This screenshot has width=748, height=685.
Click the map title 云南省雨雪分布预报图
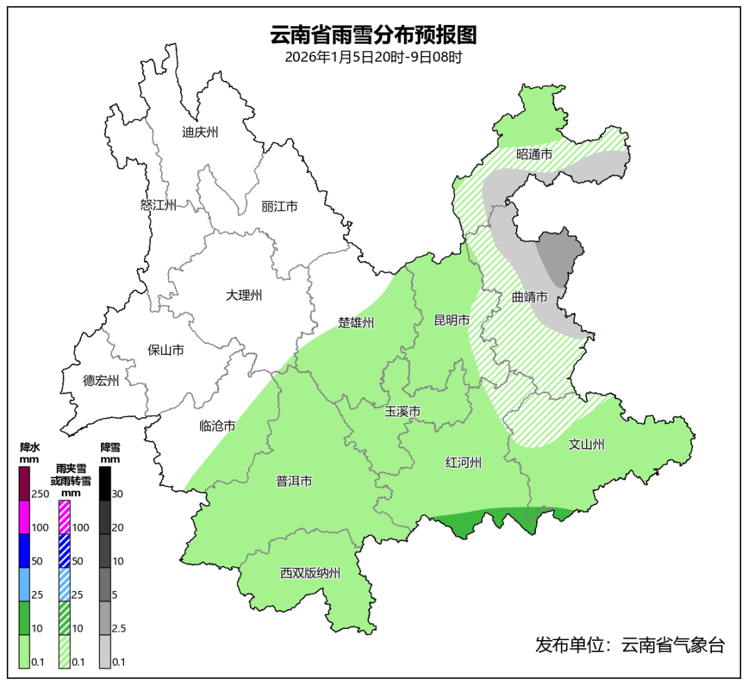point(373,34)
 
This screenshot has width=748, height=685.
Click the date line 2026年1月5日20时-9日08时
point(373,57)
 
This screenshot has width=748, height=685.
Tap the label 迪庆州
point(200,132)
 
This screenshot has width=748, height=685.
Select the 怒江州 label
point(159,205)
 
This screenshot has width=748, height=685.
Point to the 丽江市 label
point(280,206)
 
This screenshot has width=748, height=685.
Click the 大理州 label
point(244,295)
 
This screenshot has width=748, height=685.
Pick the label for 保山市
point(166,350)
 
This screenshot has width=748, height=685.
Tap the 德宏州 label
point(101,381)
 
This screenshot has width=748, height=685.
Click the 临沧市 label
point(217,426)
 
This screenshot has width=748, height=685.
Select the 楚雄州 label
point(356,322)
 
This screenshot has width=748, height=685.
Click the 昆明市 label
point(452,320)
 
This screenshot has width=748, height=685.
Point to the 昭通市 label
point(535,154)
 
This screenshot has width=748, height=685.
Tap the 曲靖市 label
point(530,297)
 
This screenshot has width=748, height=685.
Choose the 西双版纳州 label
point(310,573)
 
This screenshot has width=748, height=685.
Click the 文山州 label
point(587,444)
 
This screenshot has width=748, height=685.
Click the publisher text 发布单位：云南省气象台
point(630,646)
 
